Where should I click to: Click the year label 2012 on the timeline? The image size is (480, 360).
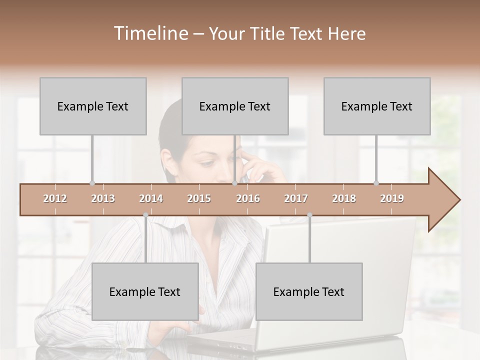(x=55, y=198)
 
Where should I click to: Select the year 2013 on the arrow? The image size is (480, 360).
(x=103, y=198)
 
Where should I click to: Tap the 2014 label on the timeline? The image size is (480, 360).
(x=151, y=198)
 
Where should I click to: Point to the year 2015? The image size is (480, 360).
(x=199, y=198)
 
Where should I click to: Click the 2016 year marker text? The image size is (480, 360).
(x=248, y=198)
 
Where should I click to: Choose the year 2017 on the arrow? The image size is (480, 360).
(x=296, y=198)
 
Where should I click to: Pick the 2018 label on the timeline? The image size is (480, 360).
(x=344, y=198)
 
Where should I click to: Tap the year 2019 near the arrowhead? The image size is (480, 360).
(x=392, y=198)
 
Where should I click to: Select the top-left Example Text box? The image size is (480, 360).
(x=93, y=106)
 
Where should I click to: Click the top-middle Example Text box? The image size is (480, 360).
(x=235, y=106)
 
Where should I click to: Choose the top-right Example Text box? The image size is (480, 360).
(x=377, y=106)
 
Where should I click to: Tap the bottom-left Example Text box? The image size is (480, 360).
(x=145, y=291)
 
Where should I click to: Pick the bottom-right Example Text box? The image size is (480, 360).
(x=309, y=291)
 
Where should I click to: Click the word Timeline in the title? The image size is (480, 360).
(x=150, y=33)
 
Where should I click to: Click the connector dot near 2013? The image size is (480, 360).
(x=92, y=183)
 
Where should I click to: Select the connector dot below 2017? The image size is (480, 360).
(x=309, y=215)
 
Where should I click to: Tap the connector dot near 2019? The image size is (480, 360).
(x=376, y=183)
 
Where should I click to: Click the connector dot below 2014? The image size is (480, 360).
(x=145, y=215)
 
